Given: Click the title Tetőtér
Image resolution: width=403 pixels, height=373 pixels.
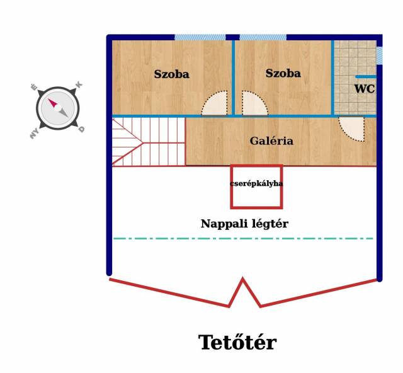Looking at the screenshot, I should tap(237, 343).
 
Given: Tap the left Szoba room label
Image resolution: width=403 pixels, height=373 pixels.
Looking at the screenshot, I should tap(171, 74).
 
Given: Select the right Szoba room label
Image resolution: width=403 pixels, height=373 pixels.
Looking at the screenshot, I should tap(283, 74).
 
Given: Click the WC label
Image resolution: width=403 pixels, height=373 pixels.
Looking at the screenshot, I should tap(364, 89).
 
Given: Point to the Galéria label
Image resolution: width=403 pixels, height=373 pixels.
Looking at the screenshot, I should tap(271, 141).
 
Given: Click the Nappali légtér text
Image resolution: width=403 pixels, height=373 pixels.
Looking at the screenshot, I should tap(244, 224).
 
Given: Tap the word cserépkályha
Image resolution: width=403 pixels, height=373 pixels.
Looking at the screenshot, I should tap(256, 184).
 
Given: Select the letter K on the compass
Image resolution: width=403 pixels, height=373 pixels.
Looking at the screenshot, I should tap(79, 85).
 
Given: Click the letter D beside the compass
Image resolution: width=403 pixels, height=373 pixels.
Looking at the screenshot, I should tap(82, 130).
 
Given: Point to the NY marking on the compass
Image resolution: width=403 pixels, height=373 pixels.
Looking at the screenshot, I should tap(33, 133).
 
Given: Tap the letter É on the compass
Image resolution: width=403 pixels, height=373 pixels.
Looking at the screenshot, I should tap(34, 88).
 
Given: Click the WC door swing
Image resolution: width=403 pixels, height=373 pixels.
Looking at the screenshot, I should tap(353, 129).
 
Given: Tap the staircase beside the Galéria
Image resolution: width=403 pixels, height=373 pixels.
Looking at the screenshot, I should tap(149, 142).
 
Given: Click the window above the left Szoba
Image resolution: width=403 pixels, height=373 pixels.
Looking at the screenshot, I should tap(200, 38).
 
